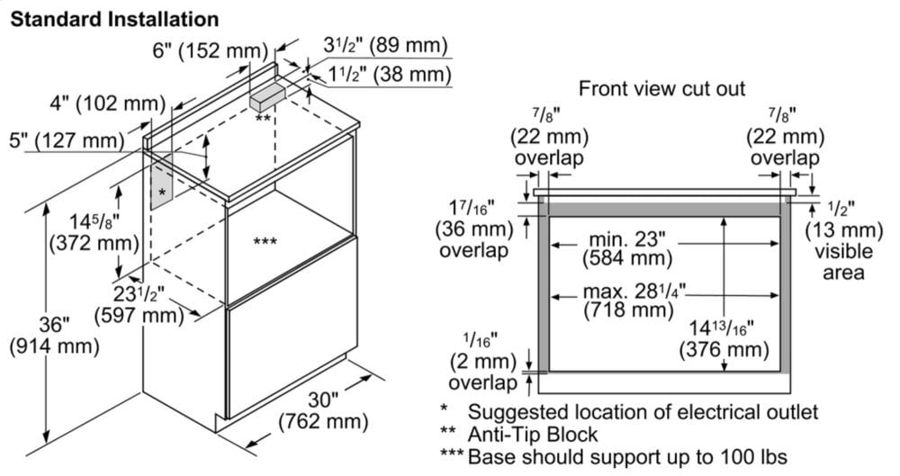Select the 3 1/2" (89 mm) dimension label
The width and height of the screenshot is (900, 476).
click(x=384, y=46)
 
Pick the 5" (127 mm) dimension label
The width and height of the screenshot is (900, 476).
click(x=63, y=140)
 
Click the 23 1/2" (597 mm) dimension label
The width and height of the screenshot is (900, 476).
click(x=138, y=304)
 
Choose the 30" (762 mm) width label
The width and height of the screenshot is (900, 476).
click(x=323, y=409)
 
